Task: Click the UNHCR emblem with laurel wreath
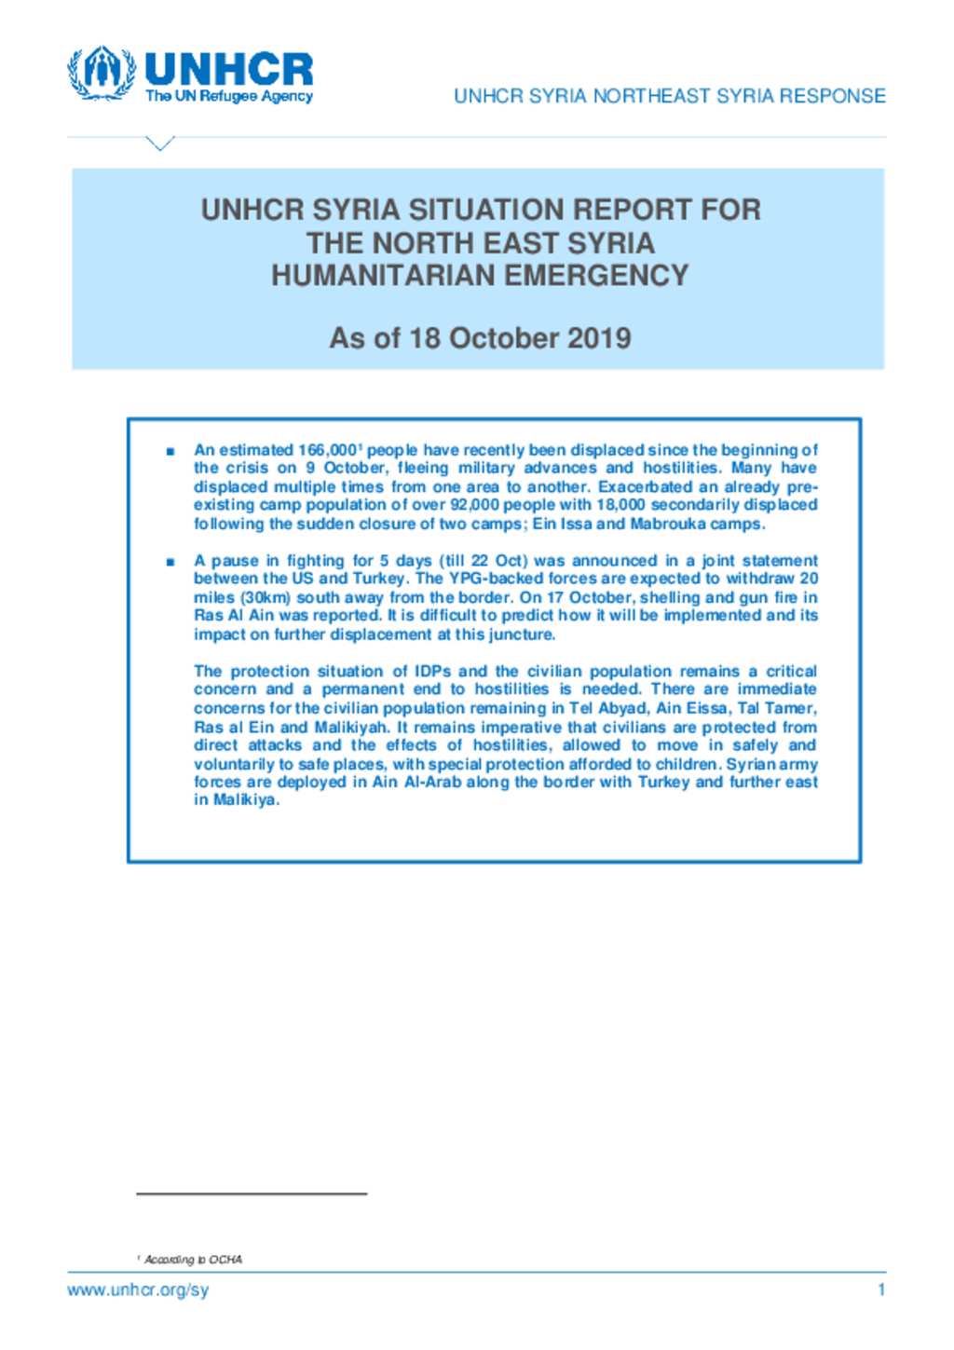coord(102,73)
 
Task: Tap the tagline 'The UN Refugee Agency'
coord(228,96)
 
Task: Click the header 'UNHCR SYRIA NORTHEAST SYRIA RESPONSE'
coord(669,96)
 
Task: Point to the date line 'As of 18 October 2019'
coord(480,337)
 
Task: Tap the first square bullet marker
coord(170,451)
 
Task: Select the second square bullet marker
coord(170,562)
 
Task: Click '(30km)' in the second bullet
coord(266,597)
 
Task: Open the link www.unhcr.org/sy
coord(138,1290)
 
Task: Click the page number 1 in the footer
coord(880,1290)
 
